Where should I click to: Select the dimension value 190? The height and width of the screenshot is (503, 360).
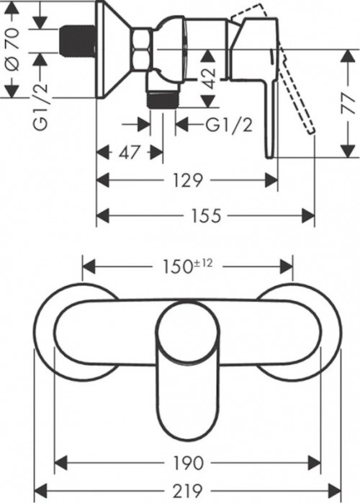coord(189,462)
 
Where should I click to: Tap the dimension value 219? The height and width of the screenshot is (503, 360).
coord(189,491)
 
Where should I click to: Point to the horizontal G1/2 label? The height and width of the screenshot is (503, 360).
coord(229,125)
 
